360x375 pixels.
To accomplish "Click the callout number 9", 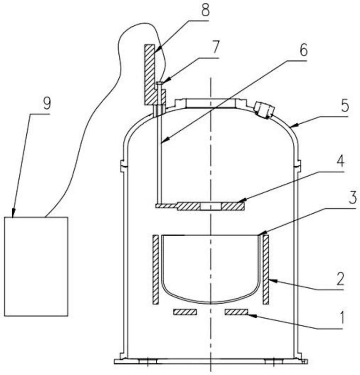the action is pos(47,104).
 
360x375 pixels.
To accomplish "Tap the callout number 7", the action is pos(215,47).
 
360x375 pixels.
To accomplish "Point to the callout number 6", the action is pos(304,50).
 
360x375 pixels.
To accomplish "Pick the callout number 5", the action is pos(345,105).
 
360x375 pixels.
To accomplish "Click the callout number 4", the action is pos(340,162).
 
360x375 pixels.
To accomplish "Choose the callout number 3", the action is pos(352,197).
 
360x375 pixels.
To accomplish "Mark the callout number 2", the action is pos(340,279).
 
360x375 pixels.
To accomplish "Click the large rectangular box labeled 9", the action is pos(36,266).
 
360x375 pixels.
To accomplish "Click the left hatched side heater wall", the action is pos(156,270).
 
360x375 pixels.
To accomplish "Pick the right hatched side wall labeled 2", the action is pos(266,270).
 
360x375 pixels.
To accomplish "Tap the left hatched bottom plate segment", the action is pos(185,312).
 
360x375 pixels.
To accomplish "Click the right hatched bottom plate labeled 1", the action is pos(236,312).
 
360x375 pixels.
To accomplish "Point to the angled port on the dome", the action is pos(264,110).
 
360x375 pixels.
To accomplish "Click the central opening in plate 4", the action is pos(211,206).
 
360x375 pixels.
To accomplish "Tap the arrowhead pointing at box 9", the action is pos(13,213).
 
